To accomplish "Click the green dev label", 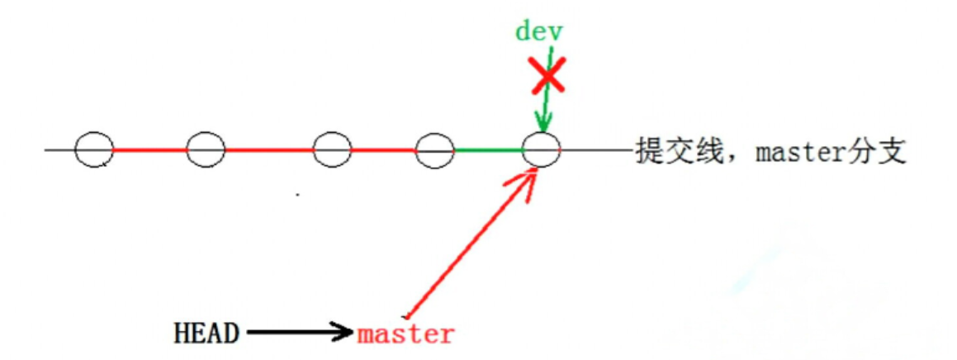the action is tap(539, 31).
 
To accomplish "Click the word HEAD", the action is tap(206, 334).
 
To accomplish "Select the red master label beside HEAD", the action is tap(405, 334).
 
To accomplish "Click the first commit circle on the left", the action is tap(93, 150).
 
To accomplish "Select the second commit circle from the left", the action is tap(206, 150).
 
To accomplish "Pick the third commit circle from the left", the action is tap(332, 150).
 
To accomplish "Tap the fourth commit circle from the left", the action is tap(434, 150).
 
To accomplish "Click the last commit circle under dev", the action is tap(542, 150).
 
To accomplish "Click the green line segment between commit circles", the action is tap(488, 150).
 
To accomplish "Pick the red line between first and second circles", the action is tap(149, 150).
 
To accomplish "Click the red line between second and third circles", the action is tap(268, 150).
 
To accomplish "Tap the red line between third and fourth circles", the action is tap(383, 150).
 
